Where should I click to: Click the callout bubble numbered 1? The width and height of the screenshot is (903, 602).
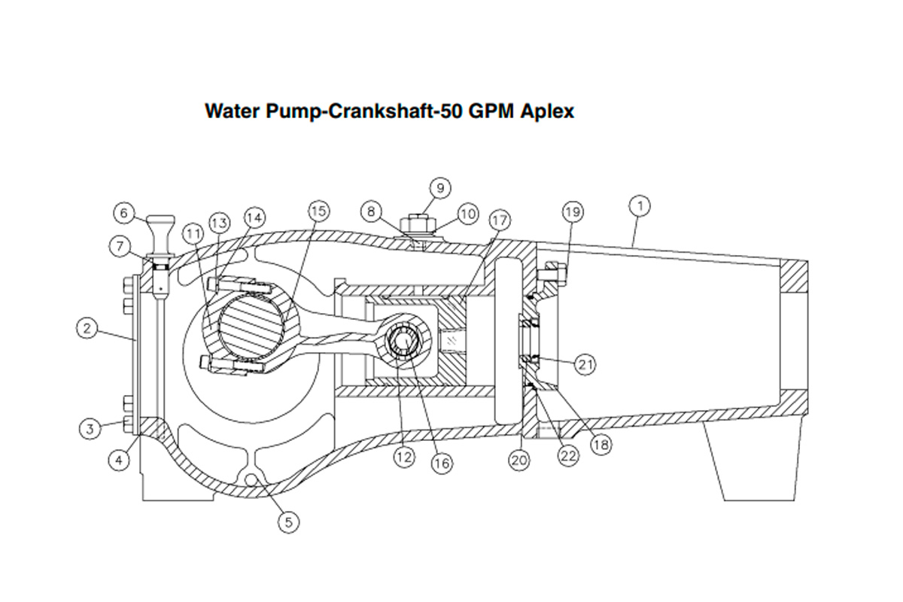point(640,205)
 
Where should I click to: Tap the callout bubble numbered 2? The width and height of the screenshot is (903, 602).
point(88,328)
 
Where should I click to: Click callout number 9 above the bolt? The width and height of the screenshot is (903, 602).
point(440,187)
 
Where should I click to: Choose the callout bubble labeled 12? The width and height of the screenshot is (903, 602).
point(405,456)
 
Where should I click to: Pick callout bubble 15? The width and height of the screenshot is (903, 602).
point(318,211)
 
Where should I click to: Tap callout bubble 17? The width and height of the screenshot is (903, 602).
point(499,220)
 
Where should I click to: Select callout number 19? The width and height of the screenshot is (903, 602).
point(573,212)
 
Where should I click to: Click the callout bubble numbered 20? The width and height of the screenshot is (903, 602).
point(520,458)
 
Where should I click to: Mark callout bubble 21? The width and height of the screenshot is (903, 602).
point(586,364)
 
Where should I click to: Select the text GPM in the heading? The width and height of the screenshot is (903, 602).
point(488,111)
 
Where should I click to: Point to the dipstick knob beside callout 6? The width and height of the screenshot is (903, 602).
point(161,225)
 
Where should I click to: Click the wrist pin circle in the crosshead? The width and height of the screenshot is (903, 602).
point(406,342)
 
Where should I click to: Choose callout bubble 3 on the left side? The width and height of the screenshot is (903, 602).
point(90,428)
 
